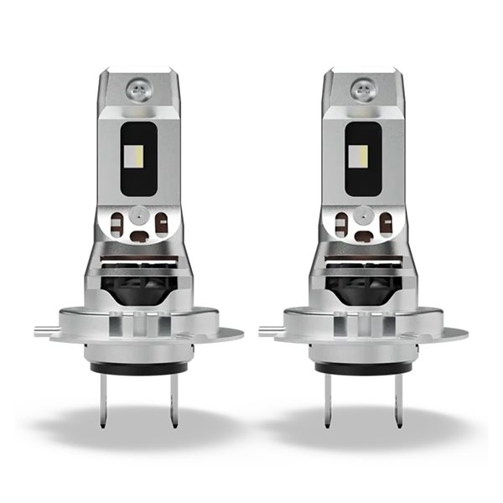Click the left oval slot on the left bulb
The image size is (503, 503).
pos(118,223)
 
